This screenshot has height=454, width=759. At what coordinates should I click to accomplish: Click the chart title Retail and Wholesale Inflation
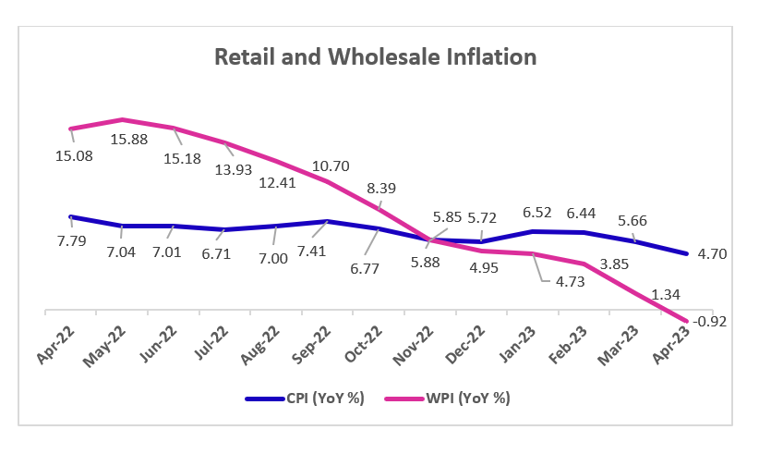coord(375,57)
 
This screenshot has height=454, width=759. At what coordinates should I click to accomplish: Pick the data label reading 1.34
coord(641,294)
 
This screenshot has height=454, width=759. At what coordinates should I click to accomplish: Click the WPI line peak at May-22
coord(122,119)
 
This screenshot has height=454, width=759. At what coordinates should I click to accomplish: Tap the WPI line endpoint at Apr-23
coord(686,322)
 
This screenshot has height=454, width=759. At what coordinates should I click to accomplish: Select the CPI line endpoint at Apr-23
coord(686,253)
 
